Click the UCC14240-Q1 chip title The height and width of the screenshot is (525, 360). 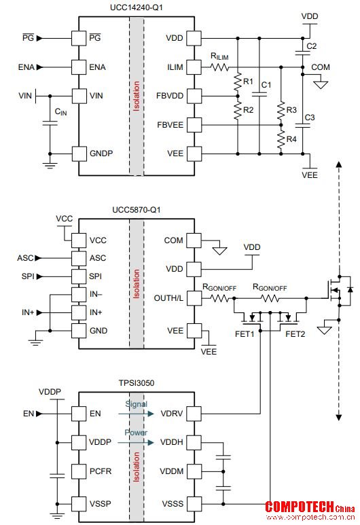(137, 7)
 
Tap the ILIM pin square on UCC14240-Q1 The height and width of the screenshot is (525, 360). (194, 67)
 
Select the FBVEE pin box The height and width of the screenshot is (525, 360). (194, 125)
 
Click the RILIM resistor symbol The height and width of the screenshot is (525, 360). (220, 67)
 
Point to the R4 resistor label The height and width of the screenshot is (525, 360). (291, 139)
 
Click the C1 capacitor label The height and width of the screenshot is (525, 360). (266, 85)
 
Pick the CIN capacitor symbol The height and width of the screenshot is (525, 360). (50, 124)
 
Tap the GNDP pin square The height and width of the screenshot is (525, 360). (79, 153)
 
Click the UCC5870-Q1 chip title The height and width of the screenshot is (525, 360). (137, 210)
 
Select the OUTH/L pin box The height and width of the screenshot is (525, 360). (194, 298)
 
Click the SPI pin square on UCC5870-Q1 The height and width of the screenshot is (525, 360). (79, 276)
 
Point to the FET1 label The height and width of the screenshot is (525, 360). (245, 334)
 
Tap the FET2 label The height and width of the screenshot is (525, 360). (295, 334)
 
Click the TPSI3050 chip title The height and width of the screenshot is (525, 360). (137, 382)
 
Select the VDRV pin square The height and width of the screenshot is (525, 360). (194, 414)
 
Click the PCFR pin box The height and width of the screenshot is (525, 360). (79, 471)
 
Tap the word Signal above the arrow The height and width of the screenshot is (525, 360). (136, 404)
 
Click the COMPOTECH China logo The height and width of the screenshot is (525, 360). (310, 511)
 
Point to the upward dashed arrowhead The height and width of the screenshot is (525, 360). (339, 164)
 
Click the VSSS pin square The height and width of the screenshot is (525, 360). (194, 503)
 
